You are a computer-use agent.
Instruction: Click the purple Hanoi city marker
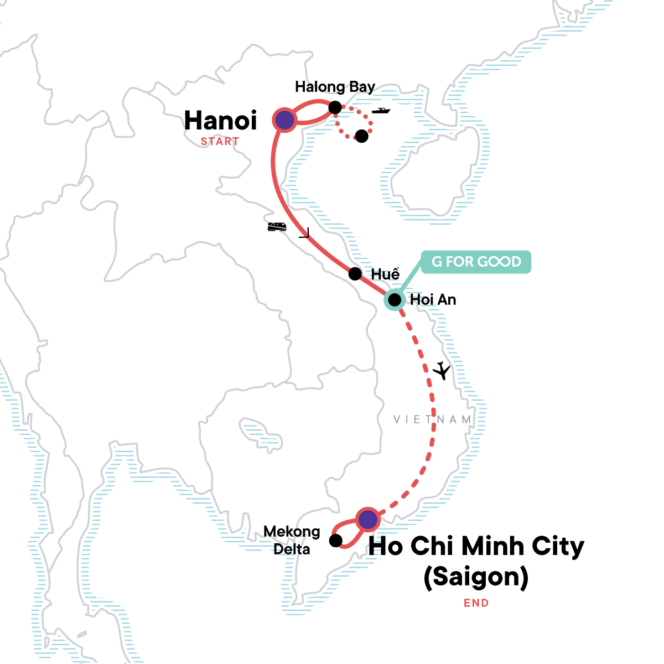pos(284,120)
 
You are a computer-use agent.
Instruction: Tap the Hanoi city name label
pos(220,121)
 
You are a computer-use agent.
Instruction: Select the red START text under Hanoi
pos(220,142)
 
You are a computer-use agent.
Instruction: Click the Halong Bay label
pos(335,87)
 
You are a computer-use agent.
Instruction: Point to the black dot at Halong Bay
pos(335,107)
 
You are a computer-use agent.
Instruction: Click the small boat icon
pos(381,111)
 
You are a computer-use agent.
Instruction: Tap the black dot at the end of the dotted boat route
pos(361,136)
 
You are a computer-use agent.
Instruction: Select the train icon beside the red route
pos(277,226)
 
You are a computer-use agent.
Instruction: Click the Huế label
pos(385,274)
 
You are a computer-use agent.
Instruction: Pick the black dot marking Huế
pos(355,273)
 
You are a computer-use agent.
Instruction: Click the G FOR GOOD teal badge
pos(476,262)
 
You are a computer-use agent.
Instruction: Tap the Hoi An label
pos(433,300)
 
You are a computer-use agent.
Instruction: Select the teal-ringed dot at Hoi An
pos(394,300)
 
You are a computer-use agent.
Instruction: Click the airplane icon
pos(442,370)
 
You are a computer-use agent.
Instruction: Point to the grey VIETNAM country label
pos(432,419)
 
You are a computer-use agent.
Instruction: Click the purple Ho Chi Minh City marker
pos(367,519)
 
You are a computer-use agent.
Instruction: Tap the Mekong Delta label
pos(292,540)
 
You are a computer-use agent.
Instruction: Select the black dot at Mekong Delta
pos(335,540)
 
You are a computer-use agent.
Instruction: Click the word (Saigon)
pos(476,577)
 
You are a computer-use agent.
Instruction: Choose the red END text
pos(476,603)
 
